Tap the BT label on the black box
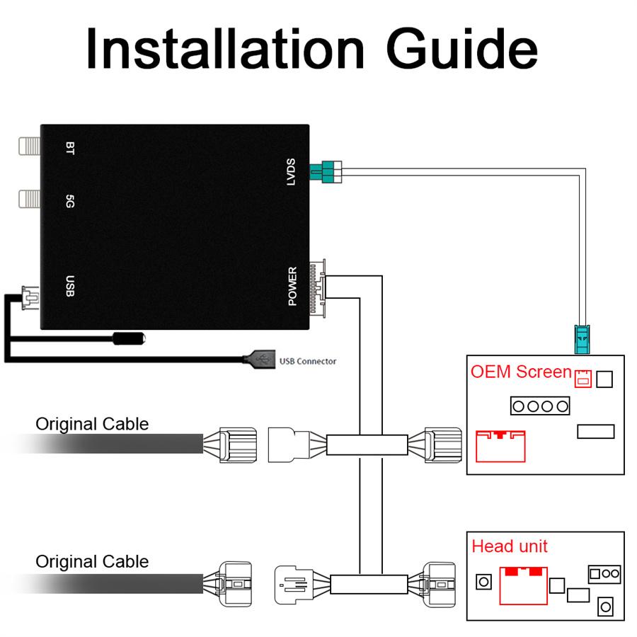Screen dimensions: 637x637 (x=69, y=148)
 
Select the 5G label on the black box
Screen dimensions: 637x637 (x=69, y=201)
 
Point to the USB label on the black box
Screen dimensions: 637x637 (x=69, y=285)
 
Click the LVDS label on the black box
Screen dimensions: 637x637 (x=291, y=172)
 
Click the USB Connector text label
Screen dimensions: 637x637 (x=308, y=362)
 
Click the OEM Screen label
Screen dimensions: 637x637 (x=521, y=372)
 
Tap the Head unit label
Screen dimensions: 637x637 (x=510, y=546)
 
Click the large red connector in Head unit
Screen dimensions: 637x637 (x=522, y=585)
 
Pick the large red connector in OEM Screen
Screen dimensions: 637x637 (x=500, y=446)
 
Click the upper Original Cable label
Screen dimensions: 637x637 (x=92, y=424)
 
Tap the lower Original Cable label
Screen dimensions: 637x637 (x=92, y=562)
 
